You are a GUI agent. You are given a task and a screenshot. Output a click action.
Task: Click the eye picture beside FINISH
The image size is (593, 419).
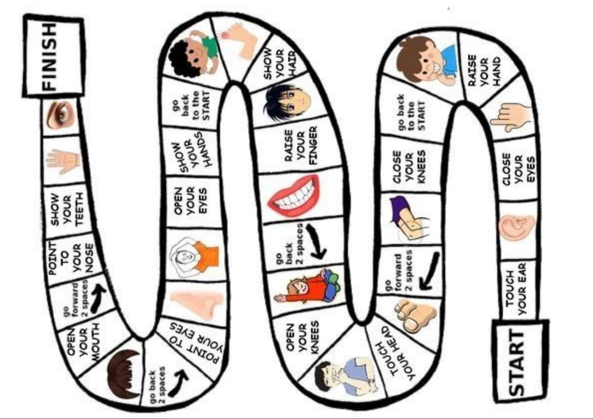point(60,115)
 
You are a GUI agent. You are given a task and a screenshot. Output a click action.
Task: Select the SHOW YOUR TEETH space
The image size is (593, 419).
point(67,210)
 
